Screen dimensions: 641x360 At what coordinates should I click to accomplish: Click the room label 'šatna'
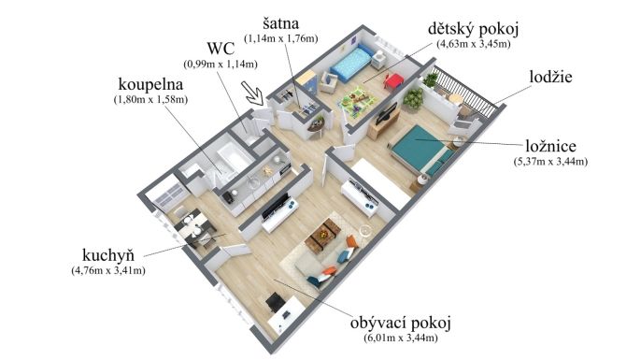point(280,23)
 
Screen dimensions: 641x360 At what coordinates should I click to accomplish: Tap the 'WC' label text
point(221,49)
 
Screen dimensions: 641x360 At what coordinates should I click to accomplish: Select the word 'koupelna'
point(150,84)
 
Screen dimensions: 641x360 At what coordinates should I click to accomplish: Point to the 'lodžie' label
point(550,77)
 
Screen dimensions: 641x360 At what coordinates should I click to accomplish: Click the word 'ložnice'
point(550,146)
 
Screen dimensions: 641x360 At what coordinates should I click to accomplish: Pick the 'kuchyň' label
point(108,255)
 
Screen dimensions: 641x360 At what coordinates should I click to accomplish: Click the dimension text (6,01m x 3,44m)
point(400,338)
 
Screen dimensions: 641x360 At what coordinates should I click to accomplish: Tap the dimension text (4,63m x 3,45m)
point(474,44)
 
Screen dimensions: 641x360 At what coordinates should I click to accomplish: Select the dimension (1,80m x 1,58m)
point(150,99)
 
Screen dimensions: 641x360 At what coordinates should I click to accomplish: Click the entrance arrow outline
point(252,94)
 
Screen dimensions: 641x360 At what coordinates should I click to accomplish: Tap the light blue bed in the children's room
point(352,63)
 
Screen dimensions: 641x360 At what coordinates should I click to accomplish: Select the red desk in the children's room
point(393,81)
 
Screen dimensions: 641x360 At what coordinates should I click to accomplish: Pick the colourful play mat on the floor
point(357,101)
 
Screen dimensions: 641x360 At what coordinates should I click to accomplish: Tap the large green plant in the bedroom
point(413,99)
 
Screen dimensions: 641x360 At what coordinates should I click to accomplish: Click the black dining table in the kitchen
point(195,227)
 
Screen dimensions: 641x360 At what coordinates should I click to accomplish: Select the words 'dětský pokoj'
point(474,30)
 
